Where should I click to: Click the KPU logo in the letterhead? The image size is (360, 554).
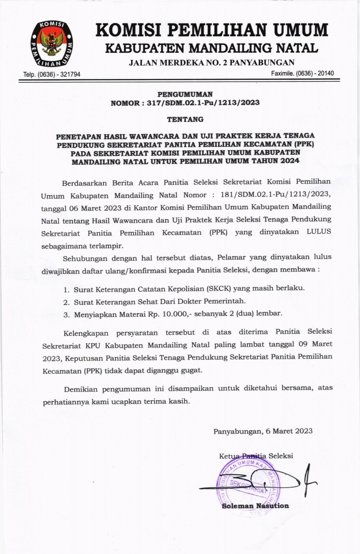[51, 43]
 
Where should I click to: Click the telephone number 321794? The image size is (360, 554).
[70, 74]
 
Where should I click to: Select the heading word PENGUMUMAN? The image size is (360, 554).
[185, 94]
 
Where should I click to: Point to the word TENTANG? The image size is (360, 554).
[185, 119]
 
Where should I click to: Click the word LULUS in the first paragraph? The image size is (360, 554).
[319, 232]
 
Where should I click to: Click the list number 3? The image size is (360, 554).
[66, 315]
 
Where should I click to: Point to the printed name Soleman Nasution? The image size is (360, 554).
[255, 506]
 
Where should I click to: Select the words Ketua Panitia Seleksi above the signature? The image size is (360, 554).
[256, 456]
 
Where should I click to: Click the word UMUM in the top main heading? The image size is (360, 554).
[301, 30]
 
